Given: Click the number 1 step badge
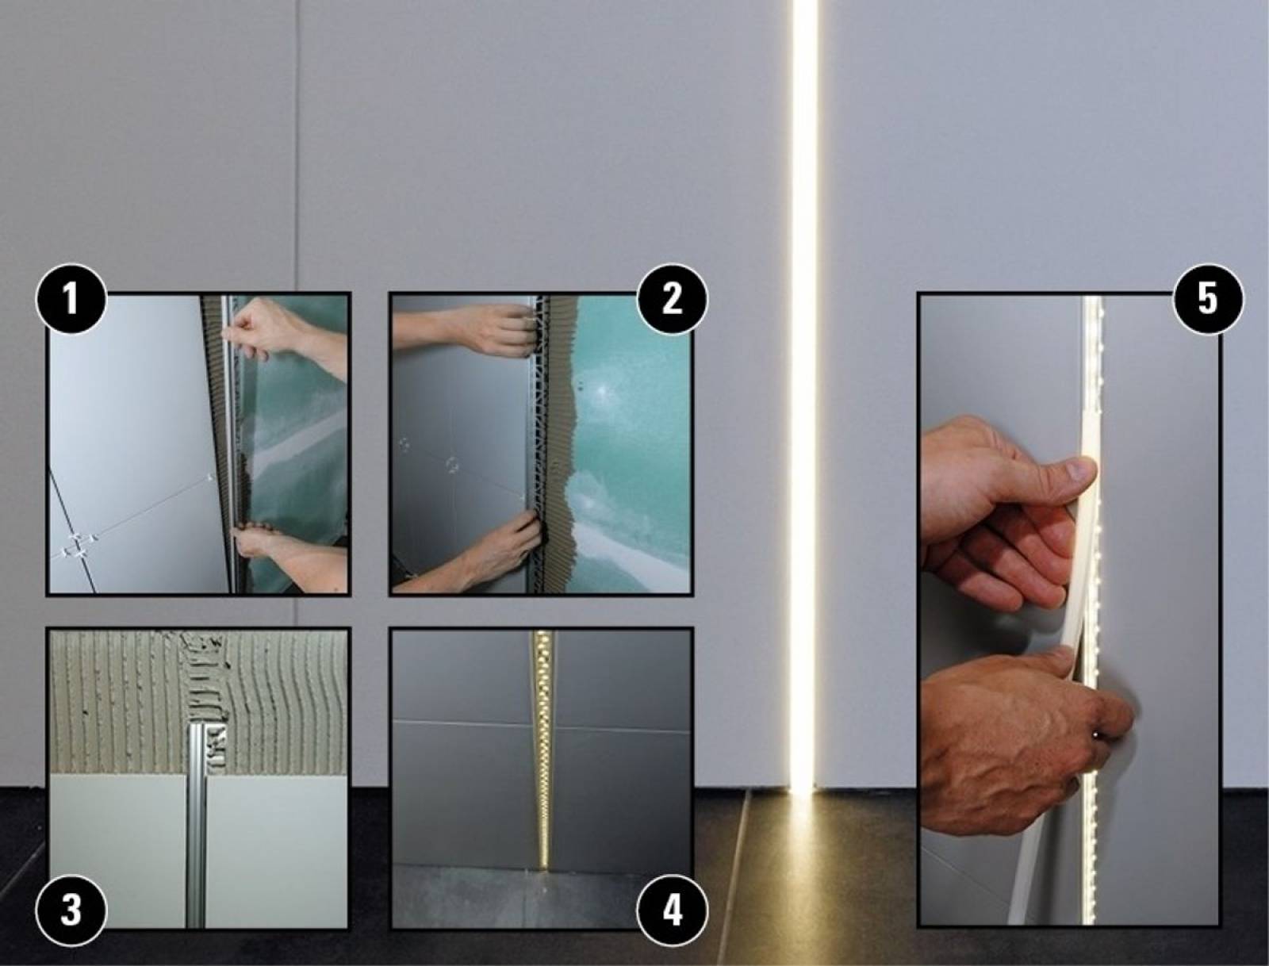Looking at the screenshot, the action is click(71, 299).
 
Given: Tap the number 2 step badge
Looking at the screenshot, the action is click(672, 299).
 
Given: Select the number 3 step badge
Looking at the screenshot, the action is click(71, 910).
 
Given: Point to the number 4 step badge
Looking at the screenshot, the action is click(672, 910).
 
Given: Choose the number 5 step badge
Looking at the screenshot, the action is click(1208, 299).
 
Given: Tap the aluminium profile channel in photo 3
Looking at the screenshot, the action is click(197, 826).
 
